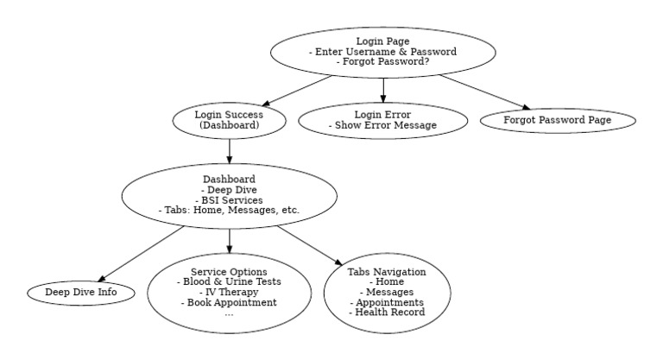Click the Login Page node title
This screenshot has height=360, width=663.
pos(382,41)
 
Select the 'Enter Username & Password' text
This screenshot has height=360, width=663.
pos(382,52)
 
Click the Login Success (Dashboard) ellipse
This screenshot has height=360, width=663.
pos(229,120)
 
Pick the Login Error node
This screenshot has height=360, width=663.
pos(382,120)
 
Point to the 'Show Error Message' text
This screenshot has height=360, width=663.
pos(382,126)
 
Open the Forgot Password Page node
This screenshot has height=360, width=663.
pos(558,120)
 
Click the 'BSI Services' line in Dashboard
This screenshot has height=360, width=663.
pos(229,200)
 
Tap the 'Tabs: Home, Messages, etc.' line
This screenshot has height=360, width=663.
pos(229,211)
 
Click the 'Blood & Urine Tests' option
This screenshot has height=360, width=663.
pos(229,282)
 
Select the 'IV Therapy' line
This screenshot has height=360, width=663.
pos(229,293)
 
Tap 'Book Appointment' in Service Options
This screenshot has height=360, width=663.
pos(229,303)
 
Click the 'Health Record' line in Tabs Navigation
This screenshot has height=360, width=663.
pos(387,313)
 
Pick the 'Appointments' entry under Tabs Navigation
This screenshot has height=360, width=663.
pos(387,303)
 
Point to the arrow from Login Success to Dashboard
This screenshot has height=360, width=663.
pos(229,150)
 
